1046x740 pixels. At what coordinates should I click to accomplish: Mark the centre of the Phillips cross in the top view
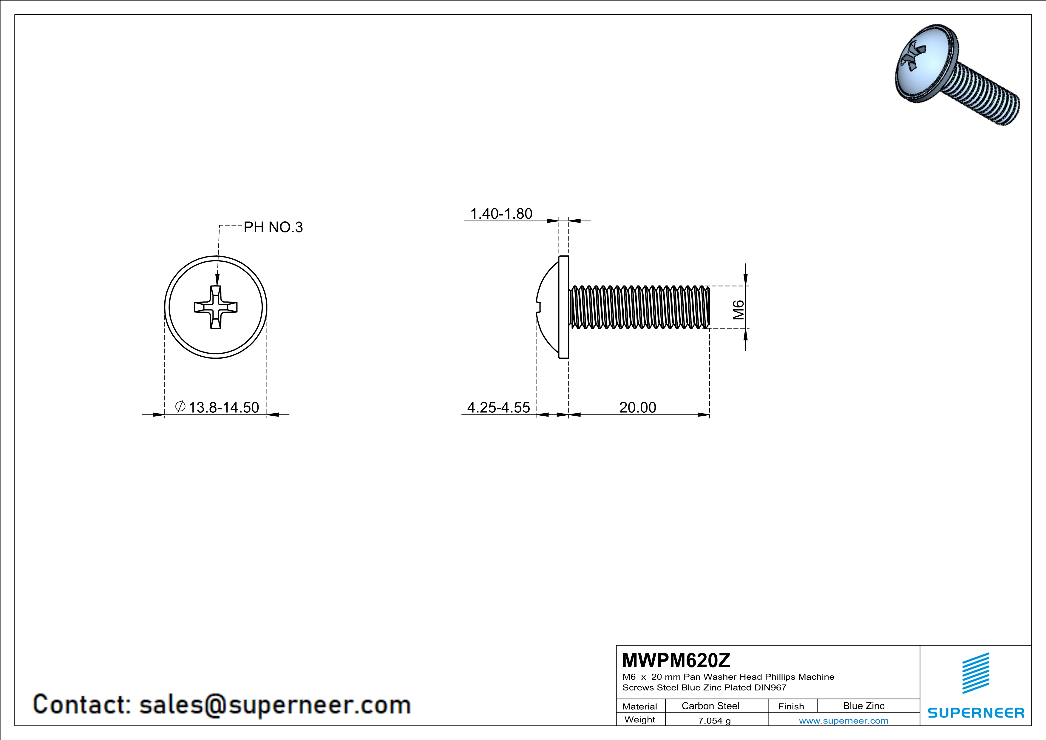[x=216, y=307]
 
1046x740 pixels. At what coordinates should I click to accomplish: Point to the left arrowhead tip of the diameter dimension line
[x=164, y=415]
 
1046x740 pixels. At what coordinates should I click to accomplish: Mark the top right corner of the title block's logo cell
[x=1031, y=645]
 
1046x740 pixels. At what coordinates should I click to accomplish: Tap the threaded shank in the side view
[x=640, y=307]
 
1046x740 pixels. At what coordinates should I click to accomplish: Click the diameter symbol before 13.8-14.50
[x=180, y=406]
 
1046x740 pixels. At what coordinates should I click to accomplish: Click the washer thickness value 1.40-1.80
[x=501, y=214]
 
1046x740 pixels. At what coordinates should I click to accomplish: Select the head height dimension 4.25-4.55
[x=499, y=407]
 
